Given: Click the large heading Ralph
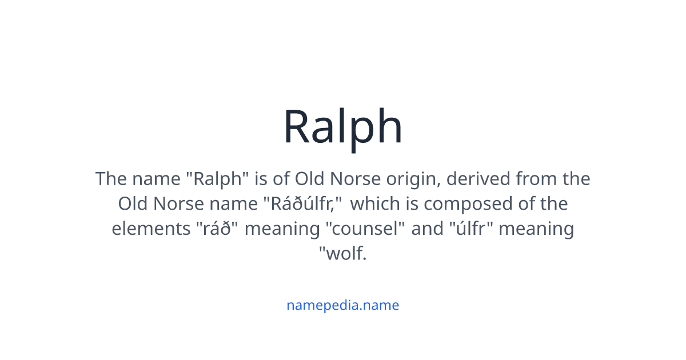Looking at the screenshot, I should [343, 127].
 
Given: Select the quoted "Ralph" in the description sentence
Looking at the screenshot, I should [218, 179].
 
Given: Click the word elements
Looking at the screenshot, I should [147, 229].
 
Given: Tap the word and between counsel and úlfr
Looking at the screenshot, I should [427, 229].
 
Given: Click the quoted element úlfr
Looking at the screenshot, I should [472, 229].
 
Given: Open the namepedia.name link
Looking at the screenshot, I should [343, 305].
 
